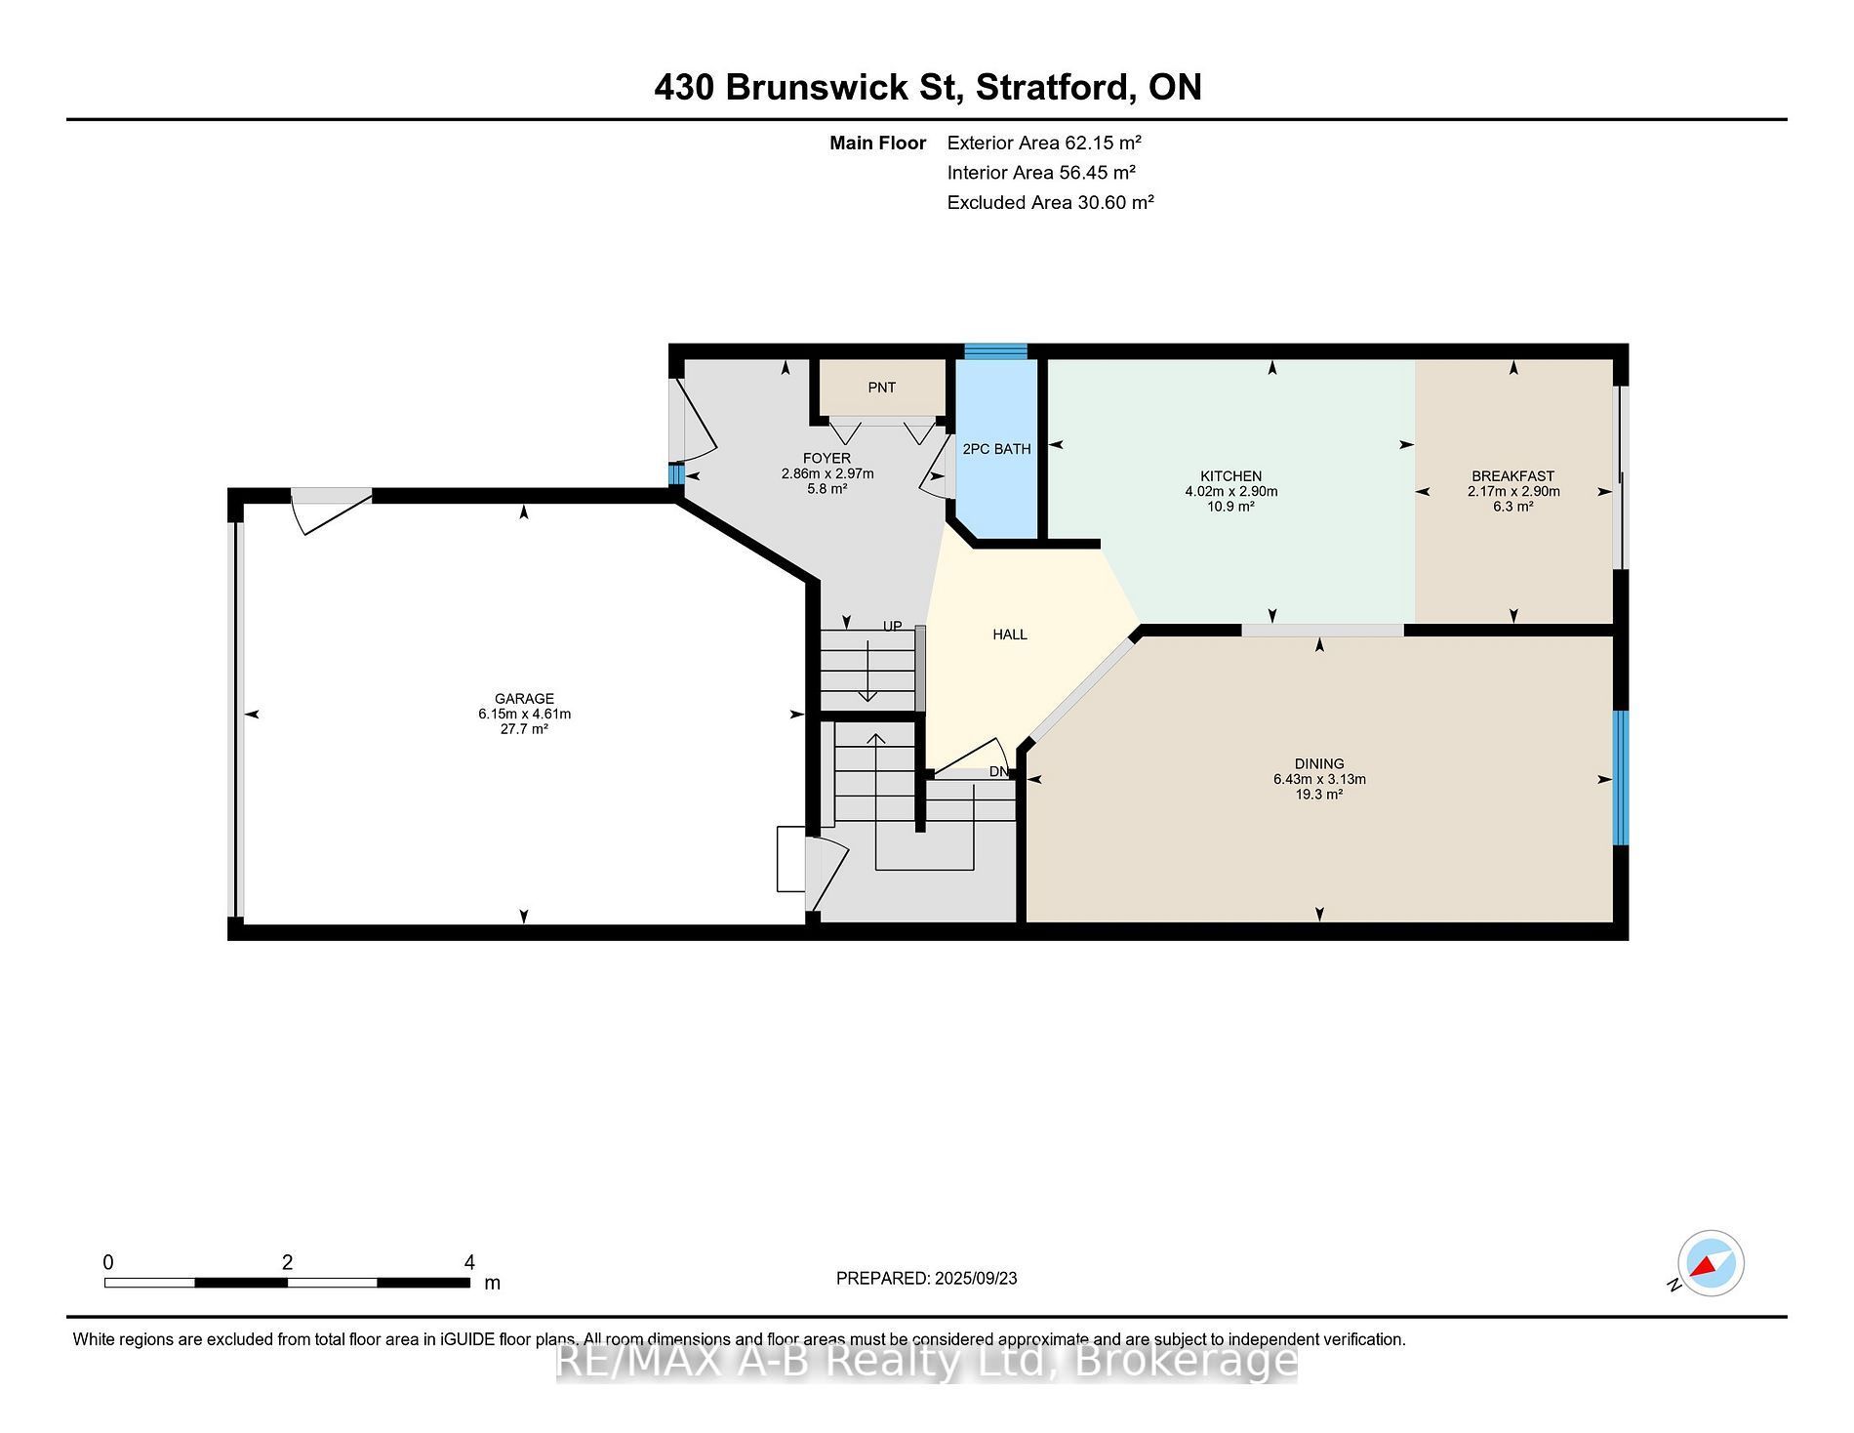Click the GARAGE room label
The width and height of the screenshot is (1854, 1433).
pos(524,698)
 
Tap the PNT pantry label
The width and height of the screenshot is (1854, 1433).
pos(882,388)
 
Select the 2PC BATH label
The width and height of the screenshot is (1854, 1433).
pos(996,449)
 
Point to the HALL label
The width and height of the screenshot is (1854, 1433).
pos(1010,635)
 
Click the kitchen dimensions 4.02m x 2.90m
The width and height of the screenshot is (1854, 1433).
pos(1231,491)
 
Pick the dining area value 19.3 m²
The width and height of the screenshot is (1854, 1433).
pos(1319,795)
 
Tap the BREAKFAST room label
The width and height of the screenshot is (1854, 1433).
pos(1513,476)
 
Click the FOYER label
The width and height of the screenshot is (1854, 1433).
pos(826,459)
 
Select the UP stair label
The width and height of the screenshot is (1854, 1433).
pos(893,627)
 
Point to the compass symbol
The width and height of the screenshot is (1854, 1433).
pos(1711,1263)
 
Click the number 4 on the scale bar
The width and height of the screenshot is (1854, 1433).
pos(469,1262)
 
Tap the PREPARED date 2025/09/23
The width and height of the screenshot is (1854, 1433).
pos(976,1278)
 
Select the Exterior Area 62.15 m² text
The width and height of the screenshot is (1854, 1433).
pos(1044,143)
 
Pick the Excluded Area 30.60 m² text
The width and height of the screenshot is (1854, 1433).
pos(1051,202)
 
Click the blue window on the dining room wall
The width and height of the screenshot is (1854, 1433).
pos(1621,777)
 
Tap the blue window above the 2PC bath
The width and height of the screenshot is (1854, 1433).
pos(996,351)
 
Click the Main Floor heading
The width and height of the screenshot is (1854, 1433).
pos(877,143)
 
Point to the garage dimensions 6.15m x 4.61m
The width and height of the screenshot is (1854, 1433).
pos(524,714)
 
